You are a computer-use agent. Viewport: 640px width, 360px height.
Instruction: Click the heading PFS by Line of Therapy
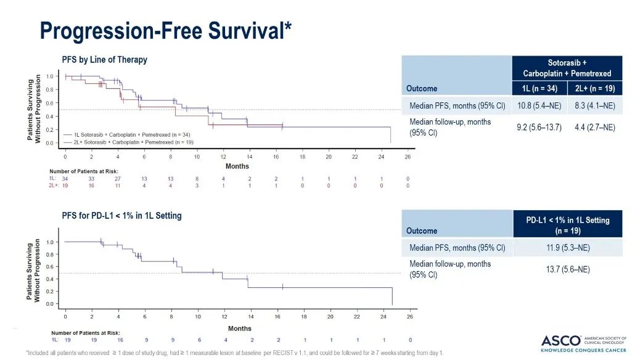click(x=104, y=60)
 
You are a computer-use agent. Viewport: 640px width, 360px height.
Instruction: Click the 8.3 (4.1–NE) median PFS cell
click(x=594, y=105)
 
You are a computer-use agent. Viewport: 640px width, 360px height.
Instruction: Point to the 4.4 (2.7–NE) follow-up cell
click(x=594, y=127)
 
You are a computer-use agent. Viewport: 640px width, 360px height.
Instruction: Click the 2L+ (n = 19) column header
click(x=594, y=88)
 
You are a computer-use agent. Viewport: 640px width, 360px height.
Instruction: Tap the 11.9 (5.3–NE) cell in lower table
click(x=567, y=248)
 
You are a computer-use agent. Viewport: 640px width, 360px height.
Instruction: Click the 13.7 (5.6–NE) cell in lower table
click(x=567, y=269)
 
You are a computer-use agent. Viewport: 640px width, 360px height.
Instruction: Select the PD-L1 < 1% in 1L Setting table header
click(x=567, y=225)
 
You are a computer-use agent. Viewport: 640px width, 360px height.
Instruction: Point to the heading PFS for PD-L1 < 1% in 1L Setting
click(x=121, y=216)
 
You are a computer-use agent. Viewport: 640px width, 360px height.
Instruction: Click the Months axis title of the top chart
click(x=237, y=166)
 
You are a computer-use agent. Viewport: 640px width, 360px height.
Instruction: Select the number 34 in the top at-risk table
click(x=65, y=178)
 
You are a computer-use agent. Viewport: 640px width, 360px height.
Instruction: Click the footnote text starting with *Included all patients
click(x=234, y=353)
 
